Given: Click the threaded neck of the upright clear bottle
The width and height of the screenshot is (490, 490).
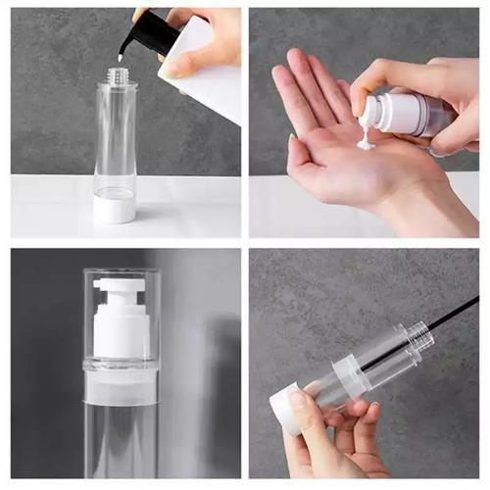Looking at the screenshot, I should tap(117, 73).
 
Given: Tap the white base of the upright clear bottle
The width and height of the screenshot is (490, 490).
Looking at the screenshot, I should tap(115, 208).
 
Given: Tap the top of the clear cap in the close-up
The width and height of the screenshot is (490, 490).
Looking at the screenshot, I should tap(122, 272).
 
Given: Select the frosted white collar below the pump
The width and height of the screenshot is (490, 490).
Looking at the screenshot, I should tap(122, 386).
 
